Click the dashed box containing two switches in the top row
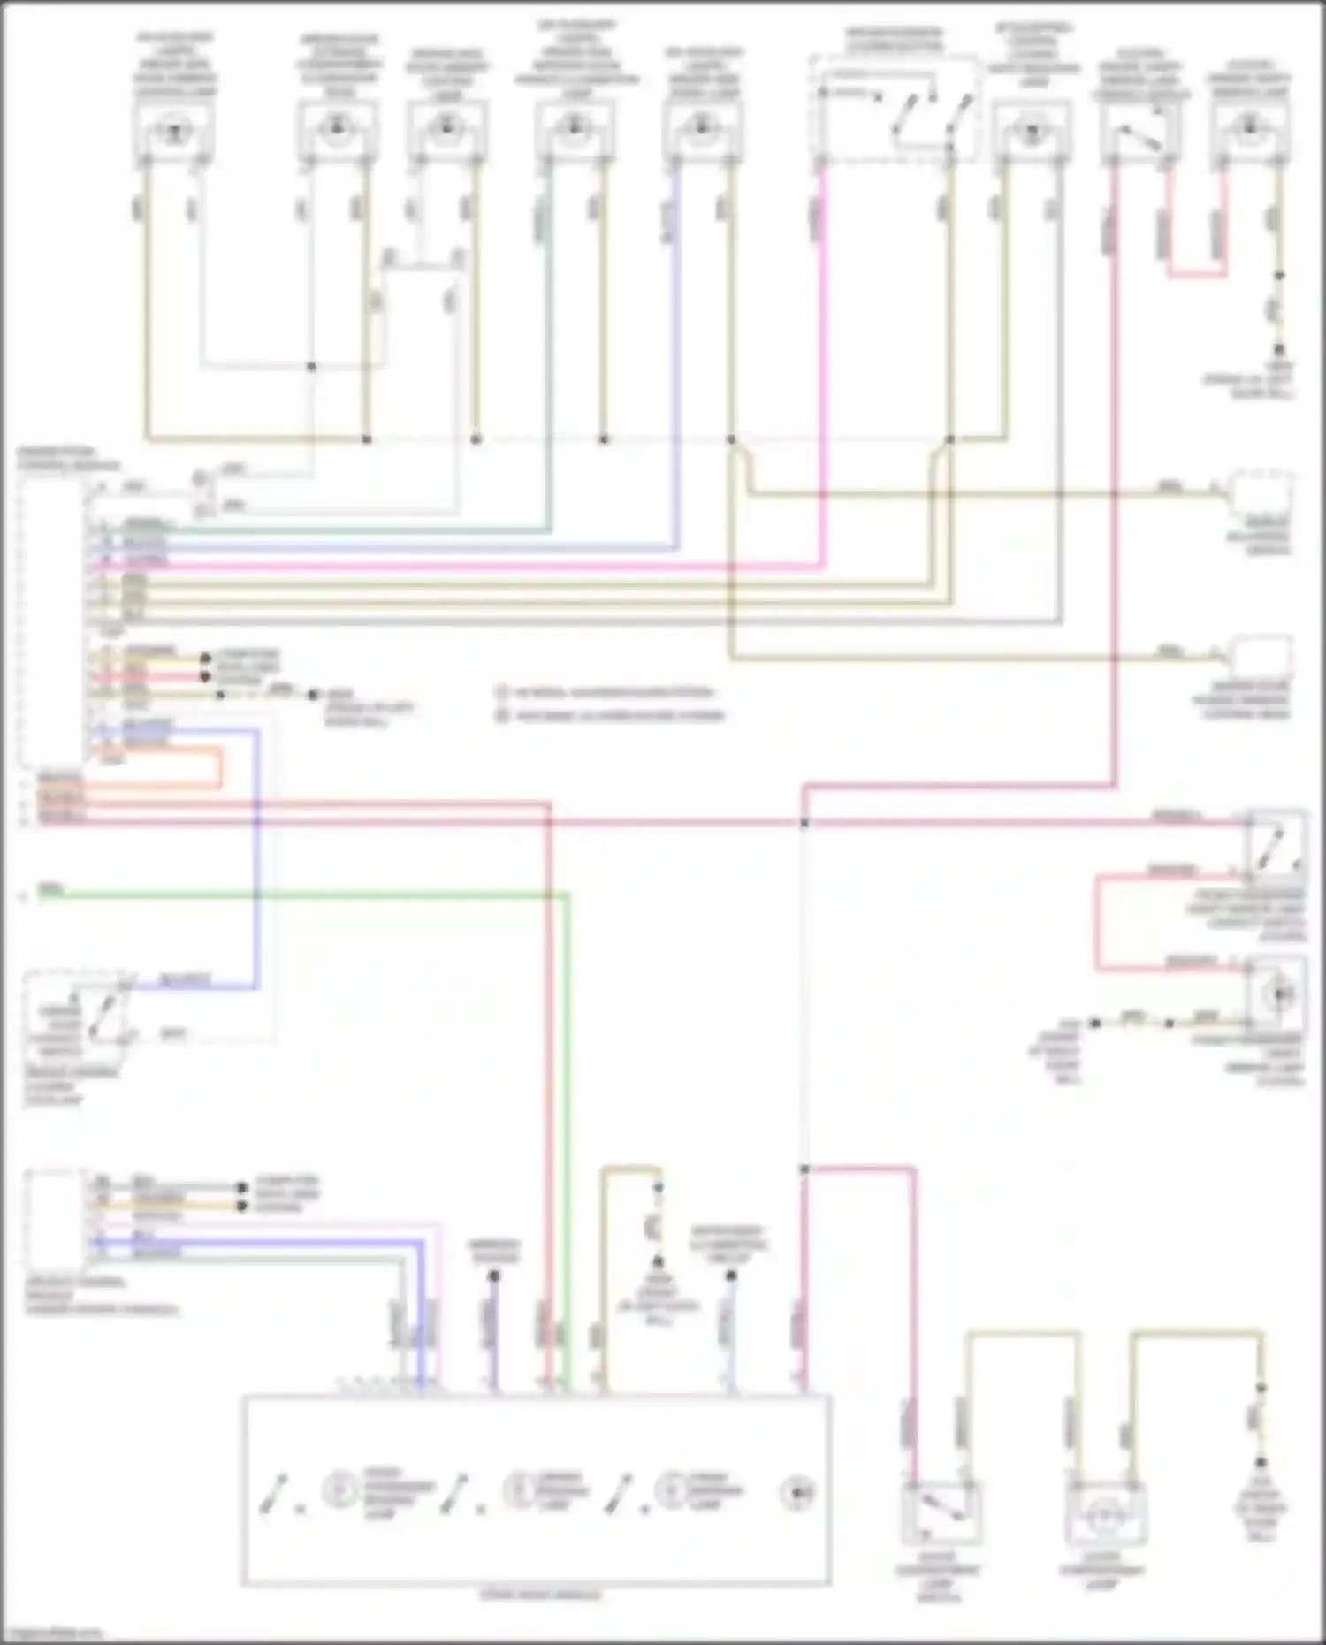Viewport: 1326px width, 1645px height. (895, 110)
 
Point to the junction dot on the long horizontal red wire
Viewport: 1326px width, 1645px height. (804, 823)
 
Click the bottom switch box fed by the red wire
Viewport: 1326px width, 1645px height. (940, 1512)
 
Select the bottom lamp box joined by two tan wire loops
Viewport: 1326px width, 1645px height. (1105, 1512)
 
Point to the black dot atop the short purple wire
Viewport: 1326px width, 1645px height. (494, 1276)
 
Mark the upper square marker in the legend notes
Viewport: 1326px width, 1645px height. (502, 692)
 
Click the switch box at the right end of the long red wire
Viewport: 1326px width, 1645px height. (1276, 844)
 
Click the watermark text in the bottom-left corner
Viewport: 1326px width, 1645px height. (53, 1634)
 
